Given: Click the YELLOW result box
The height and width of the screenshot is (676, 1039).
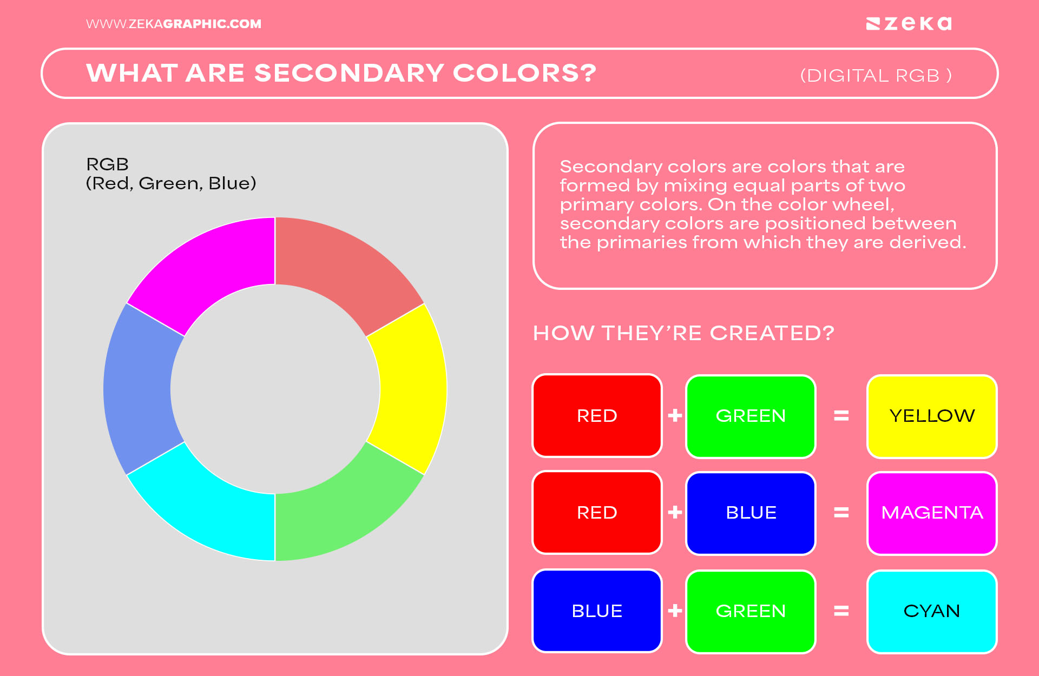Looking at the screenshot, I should pyautogui.click(x=931, y=416).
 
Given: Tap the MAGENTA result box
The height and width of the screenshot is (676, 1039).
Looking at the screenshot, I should pyautogui.click(x=931, y=513).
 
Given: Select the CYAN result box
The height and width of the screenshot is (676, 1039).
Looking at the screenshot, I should pyautogui.click(x=931, y=611).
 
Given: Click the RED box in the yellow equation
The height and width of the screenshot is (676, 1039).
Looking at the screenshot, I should pyautogui.click(x=597, y=416).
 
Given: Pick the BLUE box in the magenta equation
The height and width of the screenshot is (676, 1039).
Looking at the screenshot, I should pyautogui.click(x=751, y=513).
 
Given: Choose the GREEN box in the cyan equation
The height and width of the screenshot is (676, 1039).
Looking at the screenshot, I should pyautogui.click(x=751, y=611).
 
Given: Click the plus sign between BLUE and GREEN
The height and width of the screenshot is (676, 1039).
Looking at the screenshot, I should pyautogui.click(x=675, y=611).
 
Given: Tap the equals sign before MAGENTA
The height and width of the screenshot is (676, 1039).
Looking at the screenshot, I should pyautogui.click(x=841, y=512).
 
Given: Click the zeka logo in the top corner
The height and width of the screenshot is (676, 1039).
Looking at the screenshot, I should pyautogui.click(x=909, y=24).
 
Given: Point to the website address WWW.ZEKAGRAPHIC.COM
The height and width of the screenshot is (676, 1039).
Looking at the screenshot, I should pyautogui.click(x=173, y=24).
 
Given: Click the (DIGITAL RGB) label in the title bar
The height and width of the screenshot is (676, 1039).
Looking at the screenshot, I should pyautogui.click(x=876, y=76).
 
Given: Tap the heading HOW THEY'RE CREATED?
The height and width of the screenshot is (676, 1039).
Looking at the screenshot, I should pyautogui.click(x=683, y=333).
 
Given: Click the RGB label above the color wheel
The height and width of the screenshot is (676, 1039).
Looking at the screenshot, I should pyautogui.click(x=108, y=164).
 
